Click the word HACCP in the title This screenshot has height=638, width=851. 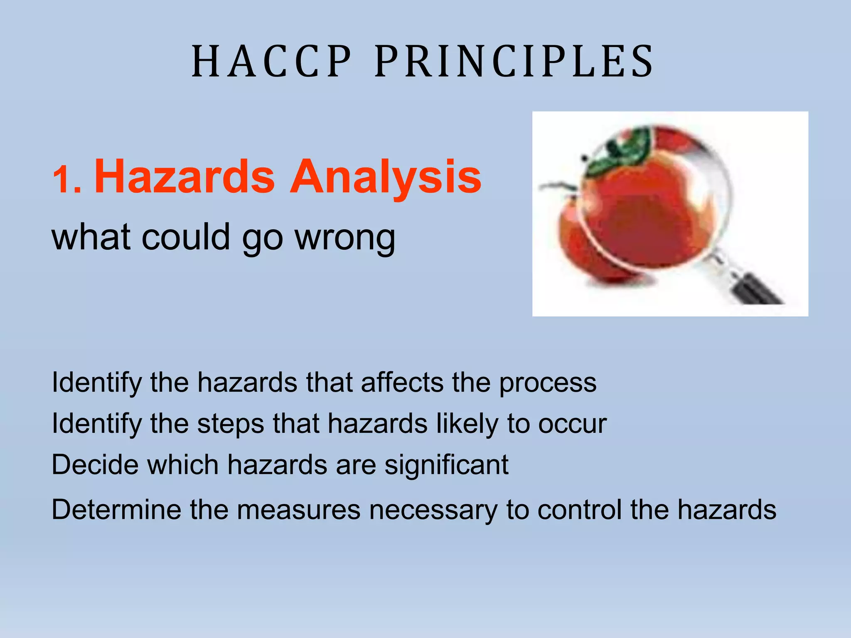pyautogui.click(x=271, y=62)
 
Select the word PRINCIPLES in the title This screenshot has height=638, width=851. pyautogui.click(x=514, y=62)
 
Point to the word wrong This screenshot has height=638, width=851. pyautogui.click(x=345, y=238)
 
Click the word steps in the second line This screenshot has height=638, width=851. pyautogui.click(x=230, y=425)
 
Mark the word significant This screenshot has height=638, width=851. pyautogui.click(x=446, y=465)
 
